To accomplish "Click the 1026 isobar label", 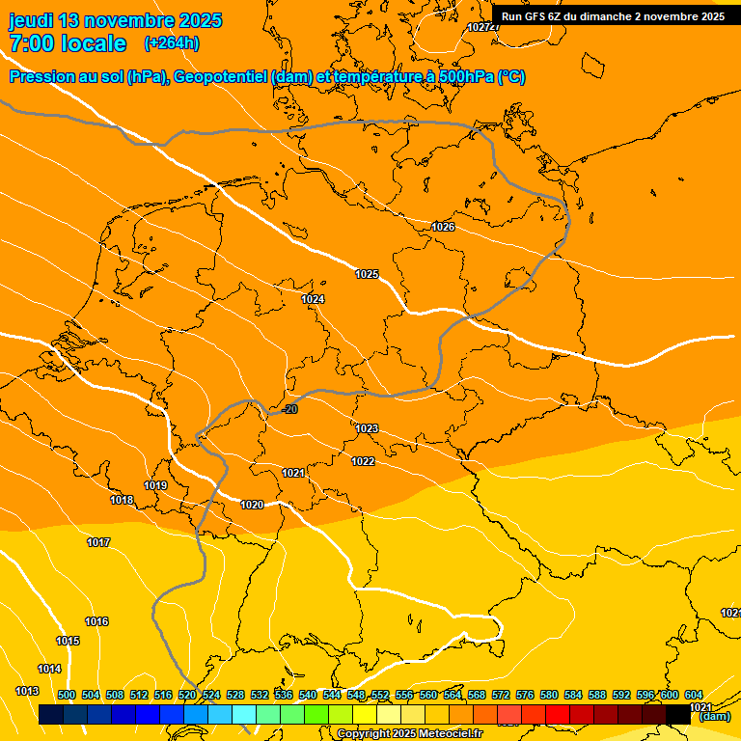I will pos(443,227).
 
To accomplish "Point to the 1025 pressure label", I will pos(367,275).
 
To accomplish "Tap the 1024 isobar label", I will pos(313,300).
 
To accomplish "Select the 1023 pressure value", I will pos(367,428).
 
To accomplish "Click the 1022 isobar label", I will pos(363,462).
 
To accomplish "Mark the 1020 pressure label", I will pos(252,505).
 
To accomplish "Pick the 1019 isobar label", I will pos(155,485).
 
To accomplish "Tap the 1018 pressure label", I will pos(122,501).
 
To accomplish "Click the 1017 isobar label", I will pos(98,543).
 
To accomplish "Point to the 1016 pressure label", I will pos(96,622).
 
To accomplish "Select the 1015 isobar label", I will pos(68,642).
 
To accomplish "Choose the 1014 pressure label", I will pos(49,670).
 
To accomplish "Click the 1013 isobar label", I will pos(27,692).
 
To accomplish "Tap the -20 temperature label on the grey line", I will pos(290,410).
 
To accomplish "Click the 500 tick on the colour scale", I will pos(67,696).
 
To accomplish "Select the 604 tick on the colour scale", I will pos(693,696).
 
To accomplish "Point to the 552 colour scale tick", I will pos(380,696).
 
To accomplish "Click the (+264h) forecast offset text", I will pos(172,43).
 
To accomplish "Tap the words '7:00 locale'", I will pos(68,43).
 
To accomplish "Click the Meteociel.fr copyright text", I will pos(409,734).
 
